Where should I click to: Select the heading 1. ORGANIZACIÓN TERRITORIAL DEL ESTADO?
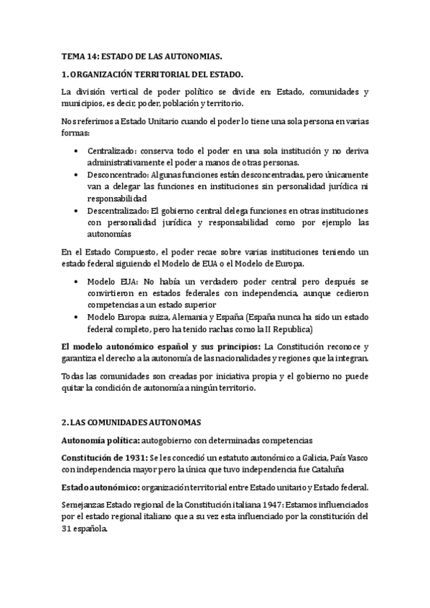click(152, 74)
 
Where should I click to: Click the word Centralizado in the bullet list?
click(111, 151)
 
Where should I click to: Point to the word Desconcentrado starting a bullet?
click(117, 175)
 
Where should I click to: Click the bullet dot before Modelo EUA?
click(77, 280)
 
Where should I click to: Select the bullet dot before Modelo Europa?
click(77, 315)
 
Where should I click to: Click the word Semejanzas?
click(88, 505)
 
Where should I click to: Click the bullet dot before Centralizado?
click(77, 151)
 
